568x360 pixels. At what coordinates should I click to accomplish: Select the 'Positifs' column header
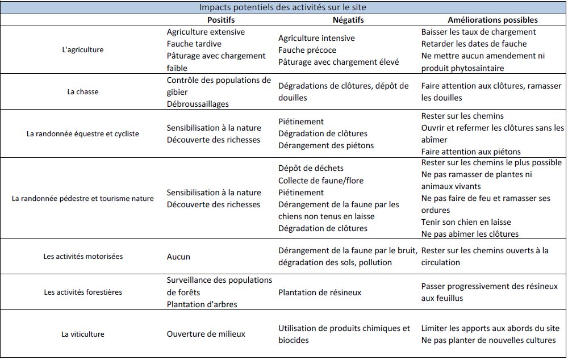coord(206,20)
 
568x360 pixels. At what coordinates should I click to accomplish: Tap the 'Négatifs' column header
coord(348,20)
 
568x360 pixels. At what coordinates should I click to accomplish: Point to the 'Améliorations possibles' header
coord(492,20)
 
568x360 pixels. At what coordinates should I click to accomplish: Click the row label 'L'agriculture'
coord(82,50)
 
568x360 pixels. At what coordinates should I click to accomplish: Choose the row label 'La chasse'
coord(82,91)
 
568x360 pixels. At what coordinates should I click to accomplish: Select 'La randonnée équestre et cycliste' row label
coord(82,134)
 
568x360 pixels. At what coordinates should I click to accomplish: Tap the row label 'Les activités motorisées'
coord(82,257)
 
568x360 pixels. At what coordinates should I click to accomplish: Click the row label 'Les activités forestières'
coord(82,292)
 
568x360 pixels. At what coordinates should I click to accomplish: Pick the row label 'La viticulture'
coord(82,334)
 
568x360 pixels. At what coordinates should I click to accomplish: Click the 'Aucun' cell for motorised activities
coord(178,257)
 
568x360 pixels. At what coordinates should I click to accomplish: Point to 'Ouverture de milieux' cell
coord(206,334)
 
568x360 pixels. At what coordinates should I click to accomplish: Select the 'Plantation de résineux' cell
coord(320,292)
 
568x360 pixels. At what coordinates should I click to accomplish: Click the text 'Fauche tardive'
coord(194,44)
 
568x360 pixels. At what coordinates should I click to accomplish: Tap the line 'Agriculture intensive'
coord(316,38)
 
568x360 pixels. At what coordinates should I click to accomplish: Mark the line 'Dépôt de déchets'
coord(311,169)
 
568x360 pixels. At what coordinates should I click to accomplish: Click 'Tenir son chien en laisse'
coord(466,222)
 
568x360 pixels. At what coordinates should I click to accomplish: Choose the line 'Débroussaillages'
coord(198,104)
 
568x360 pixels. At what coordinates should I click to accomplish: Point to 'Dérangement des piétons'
coord(326,145)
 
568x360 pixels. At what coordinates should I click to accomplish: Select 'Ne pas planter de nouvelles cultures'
coord(488,340)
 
